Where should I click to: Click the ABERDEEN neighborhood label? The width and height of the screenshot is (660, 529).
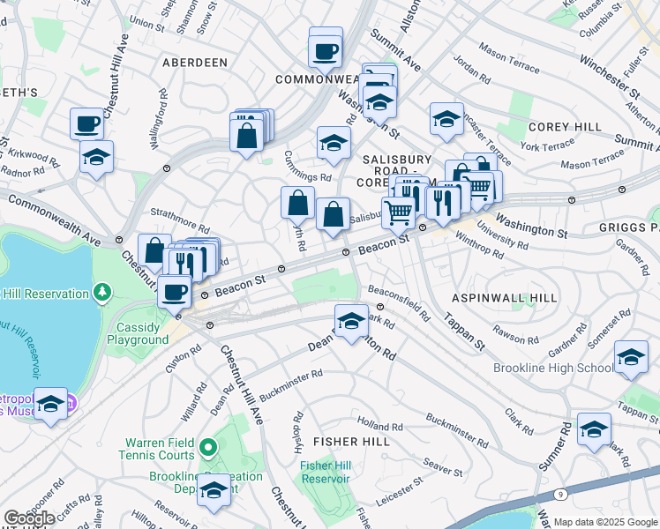[195, 63]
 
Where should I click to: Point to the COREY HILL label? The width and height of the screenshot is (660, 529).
[565, 127]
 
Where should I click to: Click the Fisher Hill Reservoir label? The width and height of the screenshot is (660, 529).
[326, 472]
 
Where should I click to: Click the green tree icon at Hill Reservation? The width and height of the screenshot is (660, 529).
[103, 290]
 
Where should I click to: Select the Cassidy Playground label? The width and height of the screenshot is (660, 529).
[138, 333]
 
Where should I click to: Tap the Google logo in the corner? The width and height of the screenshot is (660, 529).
[29, 518]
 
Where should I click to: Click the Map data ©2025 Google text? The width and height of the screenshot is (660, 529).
[605, 522]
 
